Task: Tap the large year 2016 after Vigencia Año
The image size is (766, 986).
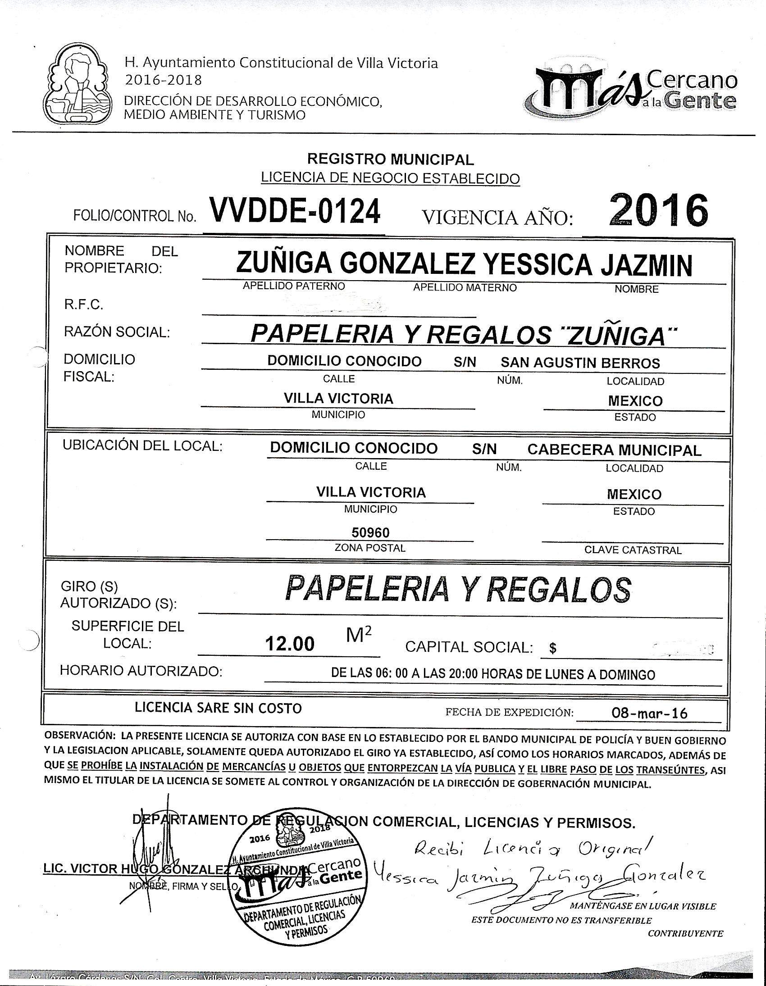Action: pyautogui.click(x=657, y=210)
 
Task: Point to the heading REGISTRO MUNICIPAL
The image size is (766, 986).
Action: pyautogui.click(x=390, y=159)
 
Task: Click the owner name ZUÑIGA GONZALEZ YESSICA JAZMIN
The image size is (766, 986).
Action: pyautogui.click(x=464, y=265)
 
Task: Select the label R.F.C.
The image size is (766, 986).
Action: pyautogui.click(x=83, y=305)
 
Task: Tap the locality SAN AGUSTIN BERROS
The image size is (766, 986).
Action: pyautogui.click(x=580, y=363)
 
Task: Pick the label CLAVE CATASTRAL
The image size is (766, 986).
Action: pyautogui.click(x=633, y=550)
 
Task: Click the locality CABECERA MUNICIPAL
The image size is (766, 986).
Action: pyautogui.click(x=614, y=450)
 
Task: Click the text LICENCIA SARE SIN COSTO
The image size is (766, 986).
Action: pyautogui.click(x=218, y=708)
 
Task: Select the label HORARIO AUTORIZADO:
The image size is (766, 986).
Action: pyautogui.click(x=141, y=671)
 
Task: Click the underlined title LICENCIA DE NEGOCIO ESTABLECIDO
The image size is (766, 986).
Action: pyautogui.click(x=390, y=178)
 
